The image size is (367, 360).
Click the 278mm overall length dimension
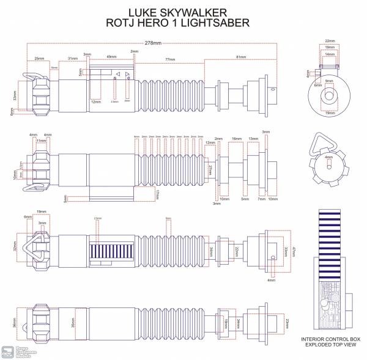pyautogui.click(x=153, y=43)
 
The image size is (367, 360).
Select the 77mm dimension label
pyautogui.click(x=171, y=59)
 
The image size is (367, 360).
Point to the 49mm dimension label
pyautogui.click(x=111, y=57)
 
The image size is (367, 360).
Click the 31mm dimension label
pyautogui.click(x=73, y=58)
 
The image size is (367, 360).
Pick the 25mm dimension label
pyautogui.click(x=39, y=58)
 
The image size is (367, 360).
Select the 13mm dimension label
pyautogui.click(x=253, y=139)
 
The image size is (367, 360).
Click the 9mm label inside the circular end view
pyautogui.click(x=329, y=81)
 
